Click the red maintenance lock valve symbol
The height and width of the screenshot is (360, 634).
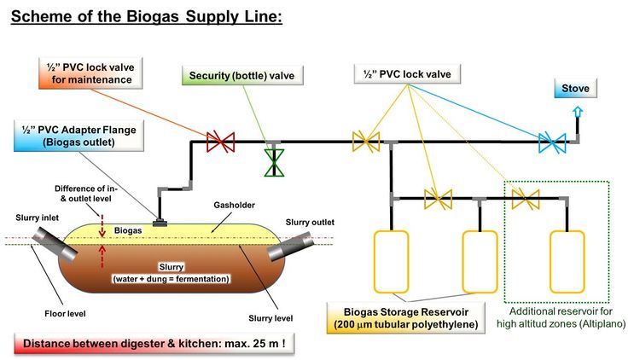(222, 142)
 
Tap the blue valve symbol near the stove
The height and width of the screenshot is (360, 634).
(550, 142)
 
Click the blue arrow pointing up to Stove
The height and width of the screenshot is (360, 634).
(578, 113)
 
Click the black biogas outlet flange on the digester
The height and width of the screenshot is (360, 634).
(160, 222)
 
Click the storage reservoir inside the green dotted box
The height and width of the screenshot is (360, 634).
(566, 260)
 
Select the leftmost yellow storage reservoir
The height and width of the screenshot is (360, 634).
(392, 260)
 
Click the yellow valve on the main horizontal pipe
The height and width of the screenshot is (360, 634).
(366, 142)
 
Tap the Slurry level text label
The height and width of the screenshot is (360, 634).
(271, 317)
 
